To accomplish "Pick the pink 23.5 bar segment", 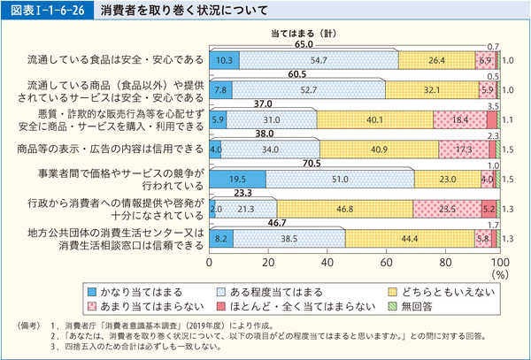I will point(448,209).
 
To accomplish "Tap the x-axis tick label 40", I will point(325,263).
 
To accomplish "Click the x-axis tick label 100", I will point(499,263).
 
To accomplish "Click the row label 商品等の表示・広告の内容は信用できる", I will point(104,149).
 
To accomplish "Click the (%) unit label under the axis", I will point(500,275).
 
